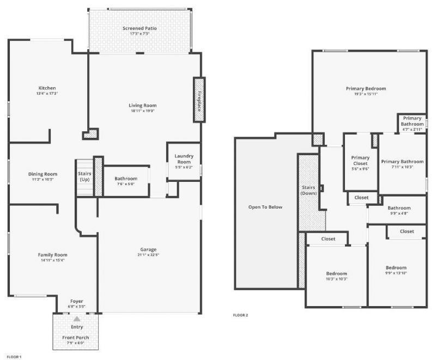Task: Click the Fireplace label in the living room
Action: coord(199,100)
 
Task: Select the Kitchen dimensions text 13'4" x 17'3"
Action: coord(47,94)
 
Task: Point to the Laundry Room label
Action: coord(184,159)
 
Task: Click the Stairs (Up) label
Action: coord(84,176)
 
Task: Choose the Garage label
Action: coord(148,249)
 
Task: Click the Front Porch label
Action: coord(75,338)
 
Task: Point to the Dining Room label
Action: coord(43,174)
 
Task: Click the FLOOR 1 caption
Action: coord(14,357)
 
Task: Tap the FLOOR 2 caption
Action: coord(240,315)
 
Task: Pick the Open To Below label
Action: coord(265,207)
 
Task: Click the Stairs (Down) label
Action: coord(308,190)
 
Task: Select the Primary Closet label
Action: coord(360,160)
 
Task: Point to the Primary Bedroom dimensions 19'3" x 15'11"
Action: coord(366,94)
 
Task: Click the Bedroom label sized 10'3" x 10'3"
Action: coord(336,273)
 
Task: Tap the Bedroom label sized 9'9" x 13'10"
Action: coord(396,267)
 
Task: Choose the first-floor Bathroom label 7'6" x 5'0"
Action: coord(126,179)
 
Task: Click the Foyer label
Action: coord(77,301)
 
